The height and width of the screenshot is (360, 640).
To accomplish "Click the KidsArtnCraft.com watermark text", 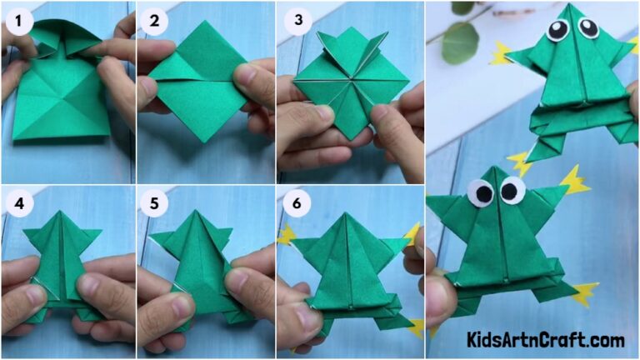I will pyautogui.click(x=547, y=340).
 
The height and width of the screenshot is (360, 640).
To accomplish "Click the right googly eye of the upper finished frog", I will pyautogui.click(x=588, y=27).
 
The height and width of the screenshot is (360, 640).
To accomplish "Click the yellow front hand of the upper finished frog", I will pyautogui.click(x=500, y=54).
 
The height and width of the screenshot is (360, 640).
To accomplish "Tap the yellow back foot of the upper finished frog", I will pyautogui.click(x=520, y=161).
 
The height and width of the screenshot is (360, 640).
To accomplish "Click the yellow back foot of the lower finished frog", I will pyautogui.click(x=585, y=292).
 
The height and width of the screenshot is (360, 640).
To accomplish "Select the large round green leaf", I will pyautogui.click(x=460, y=42).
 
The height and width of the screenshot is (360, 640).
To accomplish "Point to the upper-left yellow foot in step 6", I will pyautogui.click(x=287, y=235).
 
